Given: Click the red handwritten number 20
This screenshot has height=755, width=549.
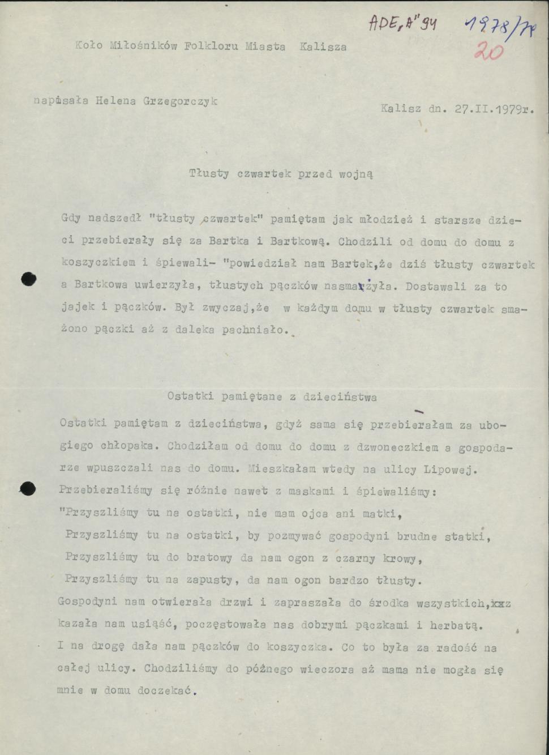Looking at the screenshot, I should coord(488,52).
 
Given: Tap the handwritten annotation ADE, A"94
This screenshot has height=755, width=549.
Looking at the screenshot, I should coord(402,23).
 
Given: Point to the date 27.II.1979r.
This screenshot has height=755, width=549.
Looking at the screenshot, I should coord(495,109).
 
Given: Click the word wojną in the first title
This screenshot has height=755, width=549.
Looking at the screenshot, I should coord(355,174).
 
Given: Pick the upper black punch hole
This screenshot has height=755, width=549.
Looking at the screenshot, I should coord(28,278).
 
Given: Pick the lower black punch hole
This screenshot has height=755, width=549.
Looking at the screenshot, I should coord(28,488).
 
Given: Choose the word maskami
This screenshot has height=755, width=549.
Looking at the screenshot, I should coord(312,492).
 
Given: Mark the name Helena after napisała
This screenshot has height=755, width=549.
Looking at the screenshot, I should coord(115,101).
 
